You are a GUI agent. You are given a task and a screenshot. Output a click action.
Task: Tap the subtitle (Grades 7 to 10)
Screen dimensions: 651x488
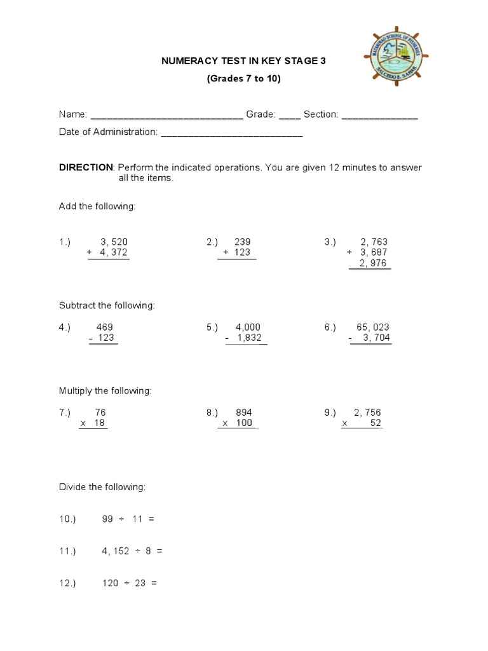[243, 79]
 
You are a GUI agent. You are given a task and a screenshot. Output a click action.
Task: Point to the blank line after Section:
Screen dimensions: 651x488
[379, 115]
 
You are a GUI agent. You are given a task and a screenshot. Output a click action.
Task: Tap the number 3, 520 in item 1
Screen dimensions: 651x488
[114, 242]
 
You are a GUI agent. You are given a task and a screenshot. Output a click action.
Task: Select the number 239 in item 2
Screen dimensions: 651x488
[243, 242]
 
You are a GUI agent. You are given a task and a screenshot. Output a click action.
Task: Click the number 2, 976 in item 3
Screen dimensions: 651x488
[373, 264]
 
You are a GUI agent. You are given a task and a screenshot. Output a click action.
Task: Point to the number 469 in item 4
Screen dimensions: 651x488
[104, 327]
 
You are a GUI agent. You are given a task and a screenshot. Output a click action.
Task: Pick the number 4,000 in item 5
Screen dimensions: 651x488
[248, 327]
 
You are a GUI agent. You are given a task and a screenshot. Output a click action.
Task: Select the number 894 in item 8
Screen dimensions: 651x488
[243, 413]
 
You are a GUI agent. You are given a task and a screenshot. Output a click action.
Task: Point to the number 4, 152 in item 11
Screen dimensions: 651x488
[114, 551]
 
